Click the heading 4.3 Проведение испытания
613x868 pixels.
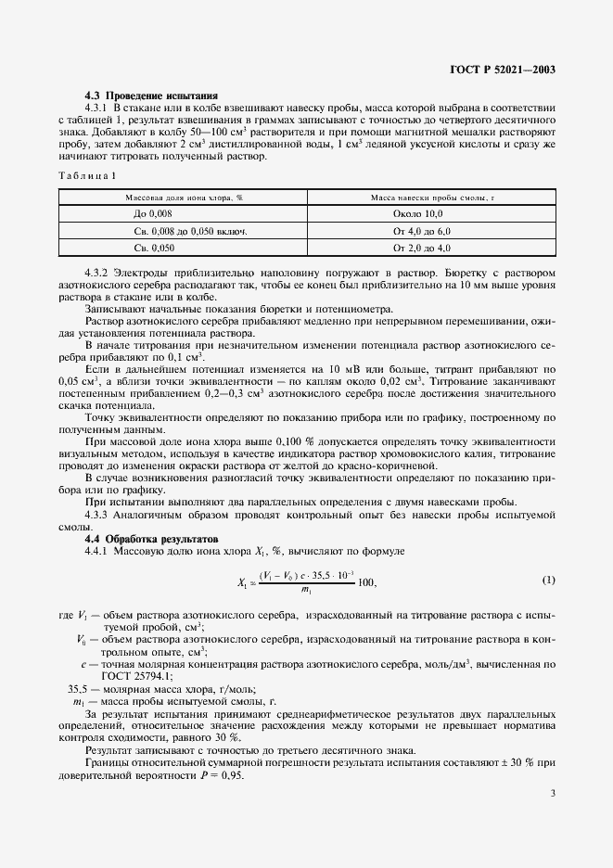151,96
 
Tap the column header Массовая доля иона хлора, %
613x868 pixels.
184,198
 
